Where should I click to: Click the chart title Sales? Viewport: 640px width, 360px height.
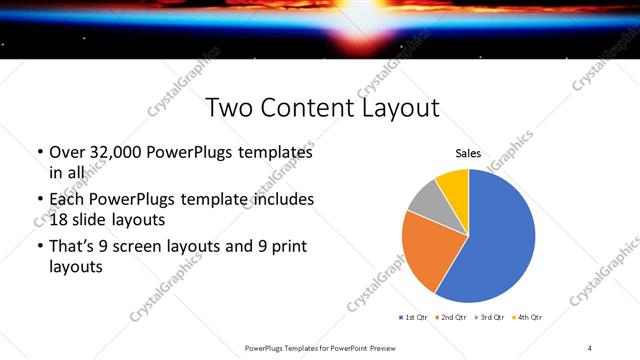[468, 154]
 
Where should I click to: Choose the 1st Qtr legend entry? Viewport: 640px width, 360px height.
[413, 317]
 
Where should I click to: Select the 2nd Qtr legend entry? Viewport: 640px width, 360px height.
[453, 317]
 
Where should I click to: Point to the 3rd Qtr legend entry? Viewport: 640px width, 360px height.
[491, 317]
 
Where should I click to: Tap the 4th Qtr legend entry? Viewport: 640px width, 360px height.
[526, 317]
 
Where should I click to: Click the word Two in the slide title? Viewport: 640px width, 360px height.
[230, 109]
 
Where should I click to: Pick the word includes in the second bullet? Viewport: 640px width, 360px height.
[282, 199]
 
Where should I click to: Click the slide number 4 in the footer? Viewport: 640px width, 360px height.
[590, 348]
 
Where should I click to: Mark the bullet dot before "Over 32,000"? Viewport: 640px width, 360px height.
[40, 153]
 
